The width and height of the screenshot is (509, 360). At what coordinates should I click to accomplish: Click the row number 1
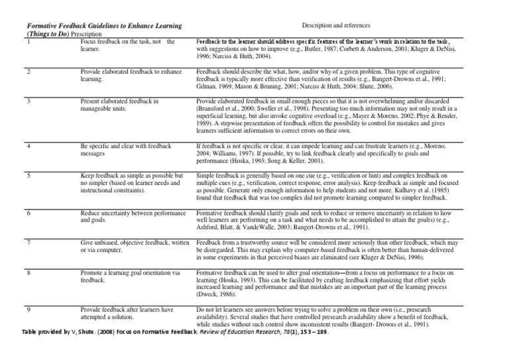(30, 42)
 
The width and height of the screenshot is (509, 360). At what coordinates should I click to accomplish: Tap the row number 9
(30, 310)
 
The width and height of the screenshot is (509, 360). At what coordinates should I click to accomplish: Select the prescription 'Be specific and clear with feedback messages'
(126, 149)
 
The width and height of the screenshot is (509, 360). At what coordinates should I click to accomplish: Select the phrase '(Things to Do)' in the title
(48, 32)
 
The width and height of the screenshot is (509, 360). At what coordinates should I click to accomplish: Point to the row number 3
(30, 101)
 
